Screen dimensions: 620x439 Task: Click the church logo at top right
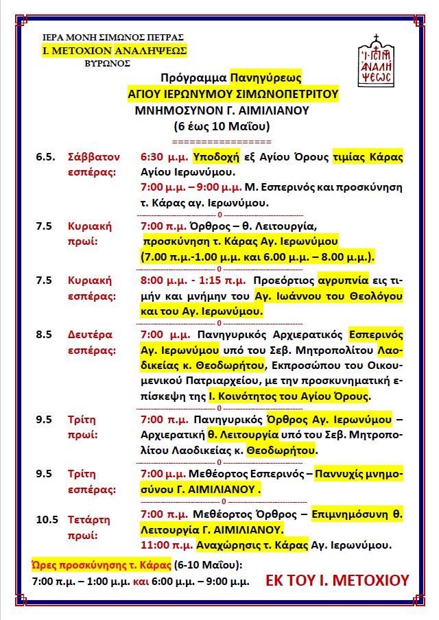(376, 60)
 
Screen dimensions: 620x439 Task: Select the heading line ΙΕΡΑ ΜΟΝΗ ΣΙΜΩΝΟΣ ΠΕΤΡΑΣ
(112, 37)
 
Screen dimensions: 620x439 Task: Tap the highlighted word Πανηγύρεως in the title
(265, 78)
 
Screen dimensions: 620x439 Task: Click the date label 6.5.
(46, 156)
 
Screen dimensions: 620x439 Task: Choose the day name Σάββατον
(94, 156)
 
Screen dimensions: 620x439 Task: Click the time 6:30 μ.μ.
(164, 156)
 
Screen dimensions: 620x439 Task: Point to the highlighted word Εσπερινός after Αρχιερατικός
(375, 335)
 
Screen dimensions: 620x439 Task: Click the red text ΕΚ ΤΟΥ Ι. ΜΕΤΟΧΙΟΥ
(337, 581)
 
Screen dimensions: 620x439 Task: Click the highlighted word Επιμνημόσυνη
(353, 513)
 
